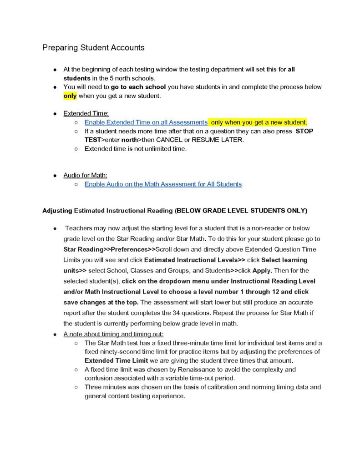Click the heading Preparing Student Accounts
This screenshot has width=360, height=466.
point(93,47)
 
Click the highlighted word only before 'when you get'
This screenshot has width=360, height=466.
point(70,96)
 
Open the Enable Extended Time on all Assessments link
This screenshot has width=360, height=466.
point(146,122)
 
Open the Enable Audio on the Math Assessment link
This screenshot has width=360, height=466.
point(163,184)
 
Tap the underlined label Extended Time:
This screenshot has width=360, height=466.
point(86,113)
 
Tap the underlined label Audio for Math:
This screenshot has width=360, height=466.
point(85,175)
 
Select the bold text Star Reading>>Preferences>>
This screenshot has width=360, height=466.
point(109,249)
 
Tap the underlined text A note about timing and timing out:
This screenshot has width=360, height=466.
point(107,334)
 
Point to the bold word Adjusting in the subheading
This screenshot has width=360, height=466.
point(57,211)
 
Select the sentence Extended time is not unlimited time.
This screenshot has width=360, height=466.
point(135,149)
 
